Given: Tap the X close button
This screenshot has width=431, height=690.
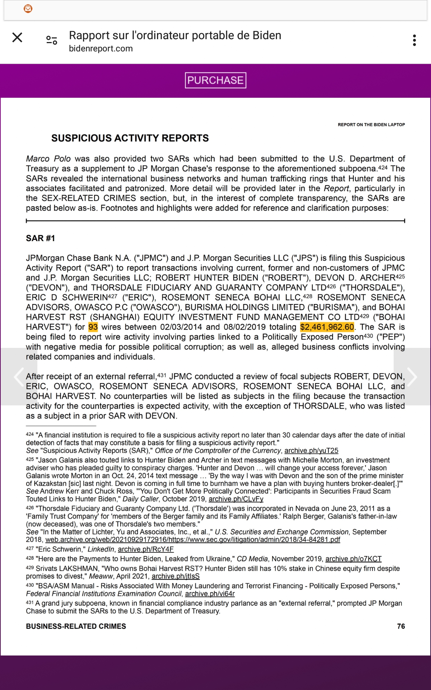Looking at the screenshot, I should click(x=17, y=37).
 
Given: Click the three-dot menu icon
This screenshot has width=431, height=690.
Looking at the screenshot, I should click(x=414, y=40).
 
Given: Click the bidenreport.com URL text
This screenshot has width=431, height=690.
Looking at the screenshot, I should click(x=101, y=49).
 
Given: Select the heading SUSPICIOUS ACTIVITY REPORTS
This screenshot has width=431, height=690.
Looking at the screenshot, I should click(x=130, y=138).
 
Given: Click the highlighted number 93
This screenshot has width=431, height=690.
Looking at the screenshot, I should click(x=93, y=327).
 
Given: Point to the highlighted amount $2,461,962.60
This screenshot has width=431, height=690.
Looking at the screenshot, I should click(x=327, y=327).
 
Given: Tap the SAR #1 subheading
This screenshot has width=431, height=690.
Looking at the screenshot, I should click(x=40, y=238).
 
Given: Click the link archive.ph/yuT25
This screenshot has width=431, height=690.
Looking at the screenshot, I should click(x=311, y=451).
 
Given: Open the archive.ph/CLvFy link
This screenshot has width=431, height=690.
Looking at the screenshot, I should click(x=236, y=499).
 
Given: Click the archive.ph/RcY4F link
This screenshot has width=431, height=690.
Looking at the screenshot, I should click(x=145, y=549).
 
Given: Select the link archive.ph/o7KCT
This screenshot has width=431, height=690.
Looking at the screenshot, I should click(x=353, y=559).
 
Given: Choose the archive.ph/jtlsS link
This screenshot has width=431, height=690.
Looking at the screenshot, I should click(x=175, y=576).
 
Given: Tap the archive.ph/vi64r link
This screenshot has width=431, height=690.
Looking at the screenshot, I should click(x=210, y=594).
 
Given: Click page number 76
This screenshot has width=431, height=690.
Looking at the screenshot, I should click(x=401, y=626).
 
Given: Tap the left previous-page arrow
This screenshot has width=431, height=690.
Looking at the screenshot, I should click(x=19, y=377).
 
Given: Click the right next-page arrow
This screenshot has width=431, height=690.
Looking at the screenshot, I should click(x=412, y=377).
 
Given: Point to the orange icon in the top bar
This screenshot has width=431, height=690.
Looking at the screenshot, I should click(x=28, y=9).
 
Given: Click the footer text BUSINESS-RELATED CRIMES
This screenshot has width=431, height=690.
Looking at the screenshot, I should click(x=76, y=626).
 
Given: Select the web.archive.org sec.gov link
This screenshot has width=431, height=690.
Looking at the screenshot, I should click(x=193, y=540).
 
